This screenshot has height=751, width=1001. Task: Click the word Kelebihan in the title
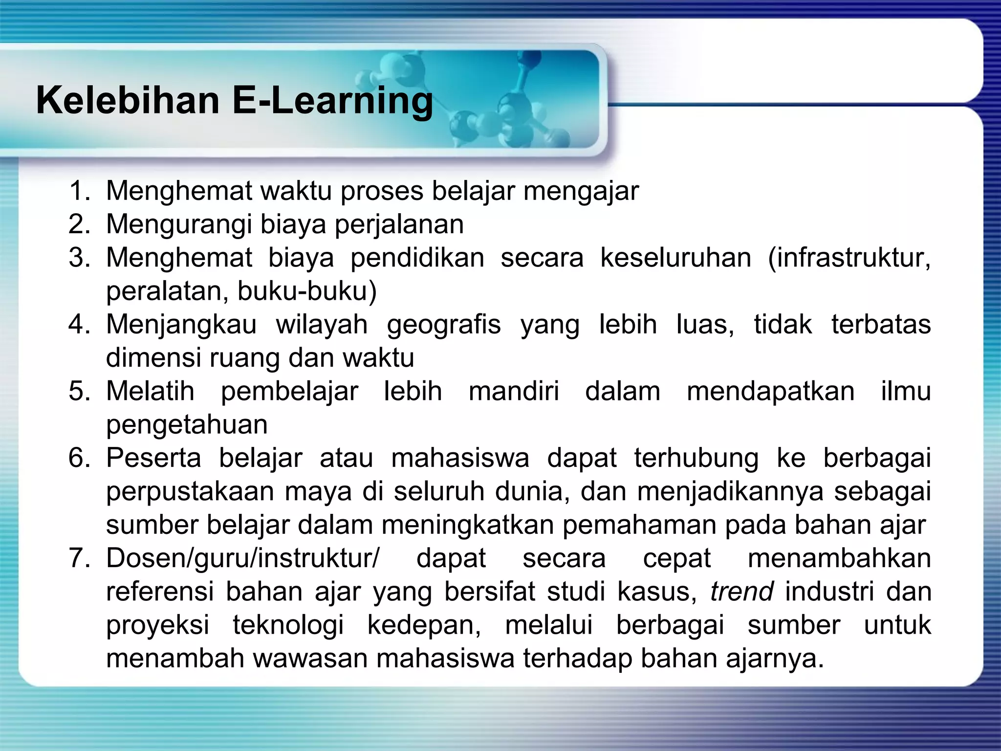pyautogui.click(x=128, y=100)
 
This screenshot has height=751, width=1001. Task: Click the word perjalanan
pyautogui.click(x=399, y=224)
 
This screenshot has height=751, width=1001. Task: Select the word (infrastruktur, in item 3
pyautogui.click(x=849, y=258)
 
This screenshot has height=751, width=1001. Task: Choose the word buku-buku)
pyautogui.click(x=307, y=291)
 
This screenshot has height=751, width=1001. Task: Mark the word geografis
pyautogui.click(x=444, y=324)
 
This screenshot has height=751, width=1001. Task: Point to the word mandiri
pyautogui.click(x=514, y=391)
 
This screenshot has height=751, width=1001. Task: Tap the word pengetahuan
pyautogui.click(x=187, y=424)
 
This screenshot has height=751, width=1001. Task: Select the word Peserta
pyautogui.click(x=153, y=458)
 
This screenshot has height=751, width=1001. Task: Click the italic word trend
pyautogui.click(x=741, y=592)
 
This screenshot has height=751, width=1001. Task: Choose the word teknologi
pyautogui.click(x=288, y=625)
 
